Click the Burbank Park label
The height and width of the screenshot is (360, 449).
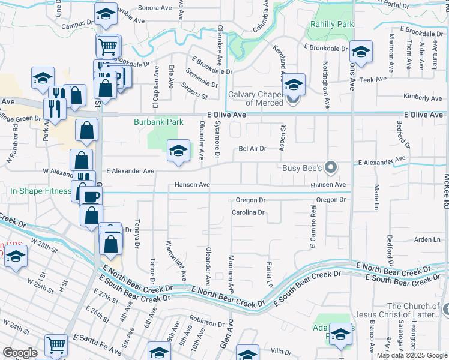(x=158, y=122)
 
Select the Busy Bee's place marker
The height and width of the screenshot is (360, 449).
(x=330, y=167)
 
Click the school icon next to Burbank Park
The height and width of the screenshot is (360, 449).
(x=178, y=151)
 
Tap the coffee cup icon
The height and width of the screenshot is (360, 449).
(x=91, y=197)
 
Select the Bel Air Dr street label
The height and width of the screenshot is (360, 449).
(x=252, y=148)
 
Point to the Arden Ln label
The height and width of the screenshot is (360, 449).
(x=427, y=239)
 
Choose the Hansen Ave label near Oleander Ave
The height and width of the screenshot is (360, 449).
(x=192, y=185)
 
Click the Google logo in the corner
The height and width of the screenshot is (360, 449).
(x=20, y=353)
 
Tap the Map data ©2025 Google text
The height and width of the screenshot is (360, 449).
(x=412, y=355)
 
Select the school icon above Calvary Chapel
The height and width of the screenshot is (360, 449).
(x=294, y=85)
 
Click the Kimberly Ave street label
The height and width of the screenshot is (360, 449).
(x=423, y=97)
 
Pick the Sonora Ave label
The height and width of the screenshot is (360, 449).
(x=151, y=8)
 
